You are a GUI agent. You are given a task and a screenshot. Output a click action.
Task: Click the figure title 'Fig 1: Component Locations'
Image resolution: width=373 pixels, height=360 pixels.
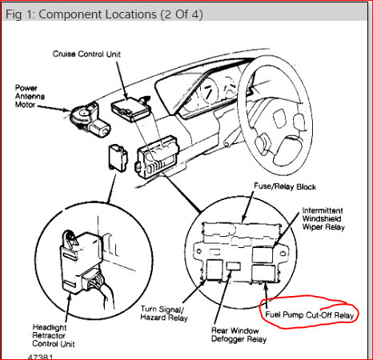81,14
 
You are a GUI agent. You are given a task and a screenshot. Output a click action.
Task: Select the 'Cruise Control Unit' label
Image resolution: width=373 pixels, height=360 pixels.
86,54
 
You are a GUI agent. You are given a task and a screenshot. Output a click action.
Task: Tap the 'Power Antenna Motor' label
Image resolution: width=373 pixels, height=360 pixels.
30,96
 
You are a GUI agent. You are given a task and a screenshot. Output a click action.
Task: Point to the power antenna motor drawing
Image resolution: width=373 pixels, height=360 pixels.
90,118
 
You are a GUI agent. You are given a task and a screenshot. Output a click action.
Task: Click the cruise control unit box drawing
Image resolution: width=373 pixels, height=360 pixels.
130,109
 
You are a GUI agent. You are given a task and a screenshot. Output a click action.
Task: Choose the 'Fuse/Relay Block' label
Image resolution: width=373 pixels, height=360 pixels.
285,186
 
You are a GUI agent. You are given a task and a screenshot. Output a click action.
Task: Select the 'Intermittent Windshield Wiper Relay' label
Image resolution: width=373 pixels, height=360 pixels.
323,218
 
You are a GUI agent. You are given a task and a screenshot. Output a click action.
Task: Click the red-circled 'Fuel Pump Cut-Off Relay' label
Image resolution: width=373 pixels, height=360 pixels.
310,315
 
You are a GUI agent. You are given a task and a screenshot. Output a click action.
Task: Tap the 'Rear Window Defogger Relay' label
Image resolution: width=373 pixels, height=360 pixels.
239,335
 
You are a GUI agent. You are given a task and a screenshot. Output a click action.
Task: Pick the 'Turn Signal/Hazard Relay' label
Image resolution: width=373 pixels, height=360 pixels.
164,313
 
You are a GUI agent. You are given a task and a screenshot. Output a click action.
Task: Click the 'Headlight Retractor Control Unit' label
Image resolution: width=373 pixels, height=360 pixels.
54,335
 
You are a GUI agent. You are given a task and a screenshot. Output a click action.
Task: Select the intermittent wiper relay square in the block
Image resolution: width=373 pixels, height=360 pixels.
263,254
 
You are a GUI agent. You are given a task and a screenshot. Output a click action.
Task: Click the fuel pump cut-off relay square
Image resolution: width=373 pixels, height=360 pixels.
263,273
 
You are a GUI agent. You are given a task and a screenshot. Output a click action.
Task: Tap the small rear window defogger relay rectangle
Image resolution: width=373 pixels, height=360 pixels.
234,266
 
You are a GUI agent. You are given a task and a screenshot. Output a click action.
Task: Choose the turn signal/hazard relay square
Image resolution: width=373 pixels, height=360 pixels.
215,270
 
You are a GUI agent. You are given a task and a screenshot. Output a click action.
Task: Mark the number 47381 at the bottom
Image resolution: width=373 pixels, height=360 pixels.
41,357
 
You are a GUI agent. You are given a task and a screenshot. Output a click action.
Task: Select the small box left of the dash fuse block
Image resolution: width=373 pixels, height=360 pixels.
118,158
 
